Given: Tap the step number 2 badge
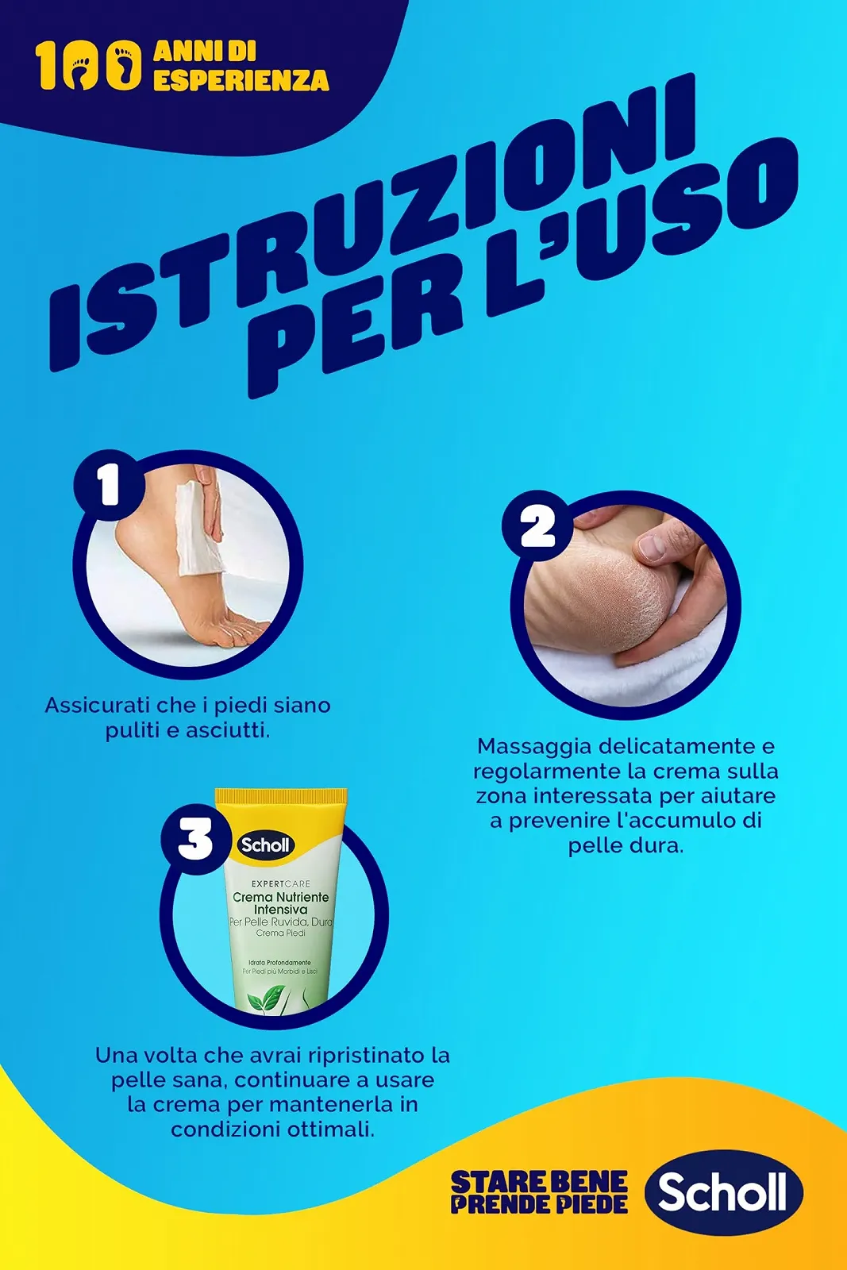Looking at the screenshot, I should click(537, 526).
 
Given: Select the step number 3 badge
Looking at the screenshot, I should click(194, 840).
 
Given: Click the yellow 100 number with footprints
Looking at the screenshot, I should click(88, 67).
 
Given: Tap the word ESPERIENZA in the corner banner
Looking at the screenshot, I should click(241, 80).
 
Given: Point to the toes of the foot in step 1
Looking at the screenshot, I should click(238, 631).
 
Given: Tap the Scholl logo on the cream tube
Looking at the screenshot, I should click(265, 845).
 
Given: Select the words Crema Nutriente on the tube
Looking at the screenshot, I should click(280, 897).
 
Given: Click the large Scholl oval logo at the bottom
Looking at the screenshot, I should click(723, 1192).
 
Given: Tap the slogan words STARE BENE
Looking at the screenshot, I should click(538, 1182).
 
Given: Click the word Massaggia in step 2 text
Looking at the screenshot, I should click(533, 746).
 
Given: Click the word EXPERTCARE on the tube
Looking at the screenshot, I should click(280, 883).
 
